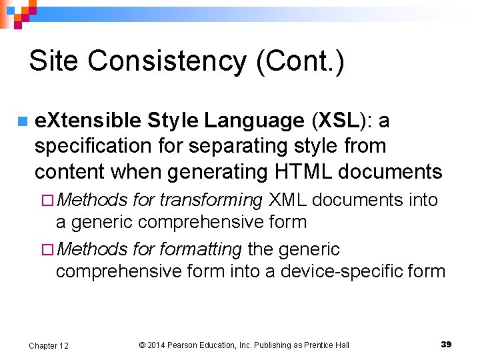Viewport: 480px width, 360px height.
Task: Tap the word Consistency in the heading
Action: pos(166,61)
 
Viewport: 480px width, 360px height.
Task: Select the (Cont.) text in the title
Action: pos(300,61)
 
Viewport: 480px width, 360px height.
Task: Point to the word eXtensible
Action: pos(87,121)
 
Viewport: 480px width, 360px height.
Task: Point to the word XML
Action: pos(288,199)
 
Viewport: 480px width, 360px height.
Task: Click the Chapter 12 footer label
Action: pos(49,345)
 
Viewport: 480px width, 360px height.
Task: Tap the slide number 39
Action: pos(446,344)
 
